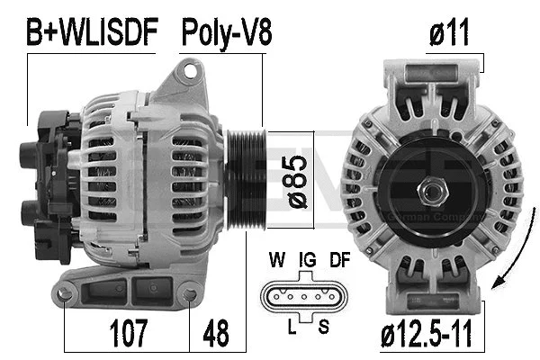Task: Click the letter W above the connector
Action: [x=277, y=262]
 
